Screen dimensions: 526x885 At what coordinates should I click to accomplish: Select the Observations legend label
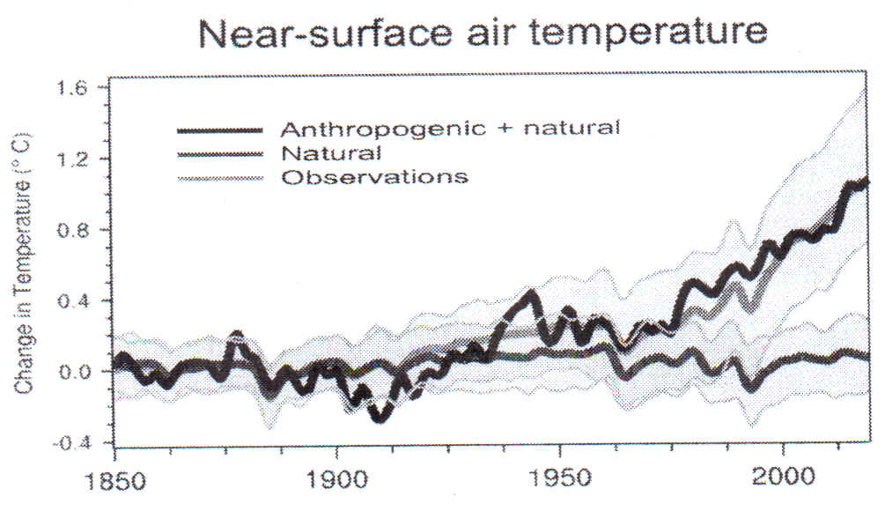(x=373, y=177)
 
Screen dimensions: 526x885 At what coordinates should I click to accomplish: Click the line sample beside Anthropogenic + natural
(x=220, y=130)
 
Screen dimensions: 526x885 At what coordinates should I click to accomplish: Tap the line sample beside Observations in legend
(x=220, y=178)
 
